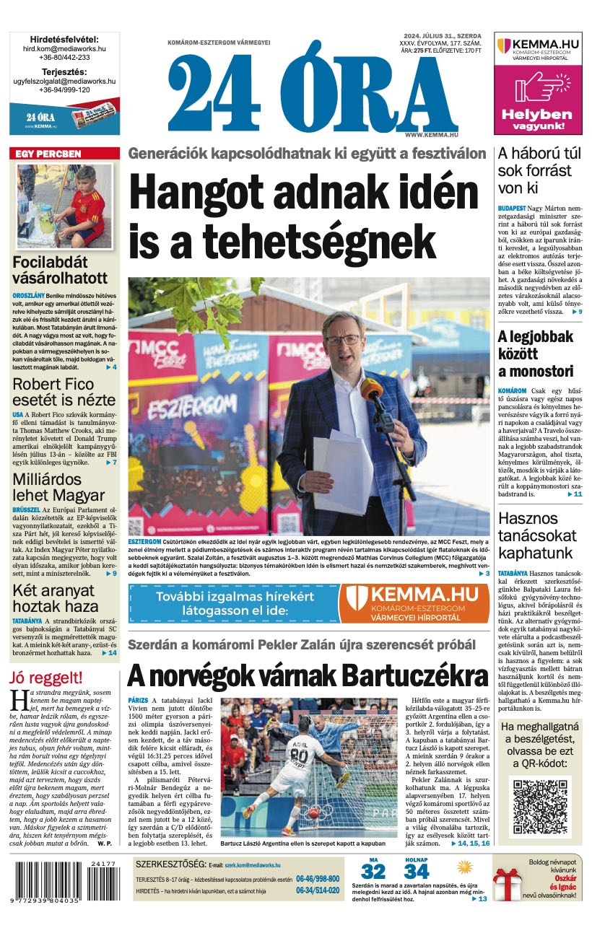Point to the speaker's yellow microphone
coord(372,390)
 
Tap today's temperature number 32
coord(373,871)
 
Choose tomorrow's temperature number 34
coord(417,871)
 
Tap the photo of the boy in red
coord(64,206)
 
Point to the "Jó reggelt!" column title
coord(46,678)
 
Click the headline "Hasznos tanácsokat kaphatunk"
coord(537,536)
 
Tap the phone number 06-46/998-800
coord(317,880)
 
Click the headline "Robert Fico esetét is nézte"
coord(64,392)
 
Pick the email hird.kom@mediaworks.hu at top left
coord(64,48)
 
